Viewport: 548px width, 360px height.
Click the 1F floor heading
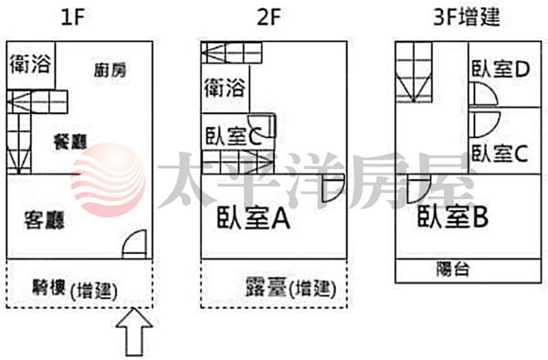click(x=72, y=17)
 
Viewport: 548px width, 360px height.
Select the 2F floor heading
click(x=269, y=17)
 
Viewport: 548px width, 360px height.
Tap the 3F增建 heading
click(x=467, y=16)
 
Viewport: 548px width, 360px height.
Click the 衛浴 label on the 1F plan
click(x=30, y=64)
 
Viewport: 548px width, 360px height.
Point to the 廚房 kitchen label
click(x=110, y=70)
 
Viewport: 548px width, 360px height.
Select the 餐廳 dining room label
click(x=70, y=142)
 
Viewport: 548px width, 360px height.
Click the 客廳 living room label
click(x=45, y=220)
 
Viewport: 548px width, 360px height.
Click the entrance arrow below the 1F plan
click(x=134, y=332)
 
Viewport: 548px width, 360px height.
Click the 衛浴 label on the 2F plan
click(x=225, y=88)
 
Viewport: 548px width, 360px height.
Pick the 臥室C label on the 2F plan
click(x=233, y=136)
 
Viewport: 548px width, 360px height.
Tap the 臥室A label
click(x=253, y=217)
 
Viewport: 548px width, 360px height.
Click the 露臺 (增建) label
click(x=290, y=289)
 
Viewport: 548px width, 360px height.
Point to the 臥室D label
click(x=501, y=69)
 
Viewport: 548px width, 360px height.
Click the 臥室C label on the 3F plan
click(x=500, y=154)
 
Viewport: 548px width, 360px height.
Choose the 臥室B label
click(x=453, y=217)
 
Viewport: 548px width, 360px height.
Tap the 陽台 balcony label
click(x=453, y=270)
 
